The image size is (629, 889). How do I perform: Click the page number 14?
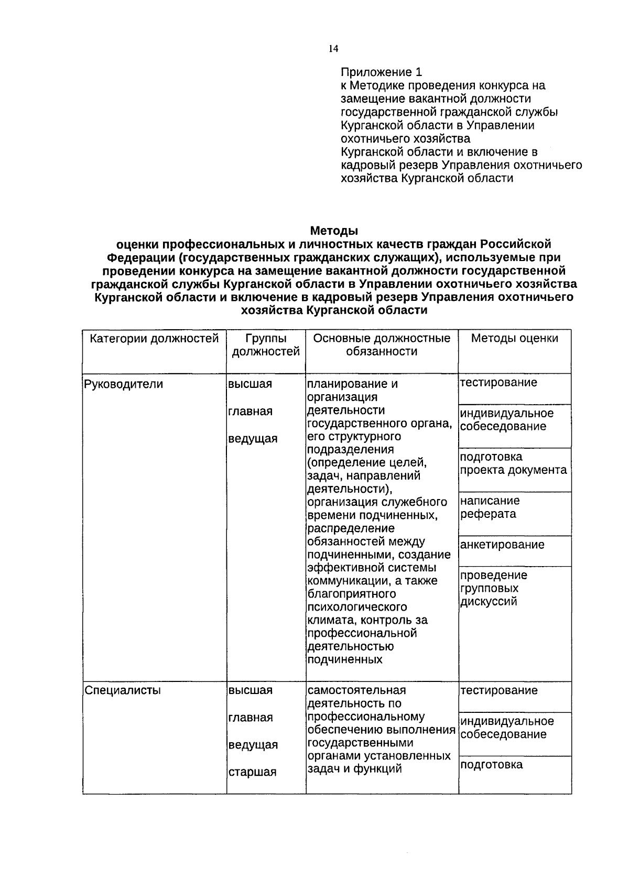[x=333, y=49]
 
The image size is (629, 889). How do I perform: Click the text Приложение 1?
[x=381, y=72]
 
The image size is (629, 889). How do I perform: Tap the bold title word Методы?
[x=334, y=231]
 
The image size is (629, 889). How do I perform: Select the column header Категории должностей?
[x=154, y=339]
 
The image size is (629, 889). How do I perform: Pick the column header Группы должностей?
[x=266, y=345]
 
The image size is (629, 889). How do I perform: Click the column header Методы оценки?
[x=514, y=339]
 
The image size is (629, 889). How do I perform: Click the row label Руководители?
[x=124, y=384]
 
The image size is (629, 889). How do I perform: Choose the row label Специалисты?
[x=123, y=690]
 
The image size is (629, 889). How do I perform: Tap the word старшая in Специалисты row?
[x=252, y=772]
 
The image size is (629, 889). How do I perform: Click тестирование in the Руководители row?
[x=498, y=383]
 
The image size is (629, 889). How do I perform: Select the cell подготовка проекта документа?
[x=513, y=463]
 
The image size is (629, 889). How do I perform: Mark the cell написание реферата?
[x=490, y=507]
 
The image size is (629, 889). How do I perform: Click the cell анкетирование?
[x=502, y=545]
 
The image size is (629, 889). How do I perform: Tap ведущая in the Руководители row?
[x=253, y=439]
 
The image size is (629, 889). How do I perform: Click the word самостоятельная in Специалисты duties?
[x=356, y=690]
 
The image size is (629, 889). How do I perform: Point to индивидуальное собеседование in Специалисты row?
[x=506, y=728]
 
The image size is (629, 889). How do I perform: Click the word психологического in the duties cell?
[x=357, y=607]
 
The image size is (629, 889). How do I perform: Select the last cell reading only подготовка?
[x=491, y=765]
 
